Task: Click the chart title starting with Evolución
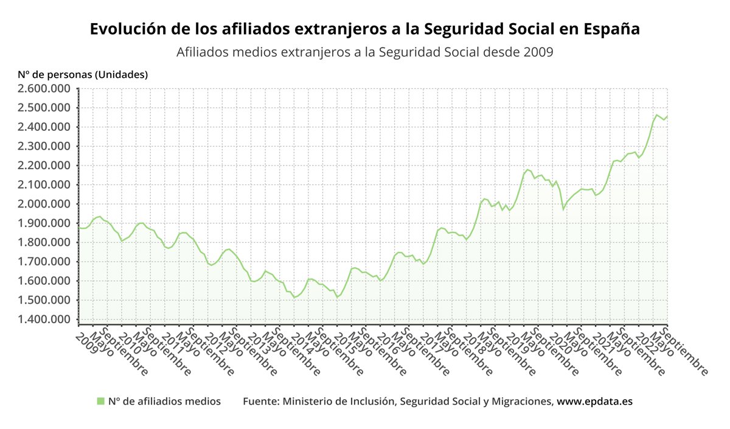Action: (x=364, y=29)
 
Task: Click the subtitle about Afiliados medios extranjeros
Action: (x=364, y=52)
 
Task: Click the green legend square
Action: (x=100, y=401)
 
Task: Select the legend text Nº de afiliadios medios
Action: (x=164, y=402)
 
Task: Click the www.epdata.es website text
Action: (x=594, y=402)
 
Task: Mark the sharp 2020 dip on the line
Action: (x=563, y=209)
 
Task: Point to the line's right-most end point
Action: (x=667, y=116)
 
